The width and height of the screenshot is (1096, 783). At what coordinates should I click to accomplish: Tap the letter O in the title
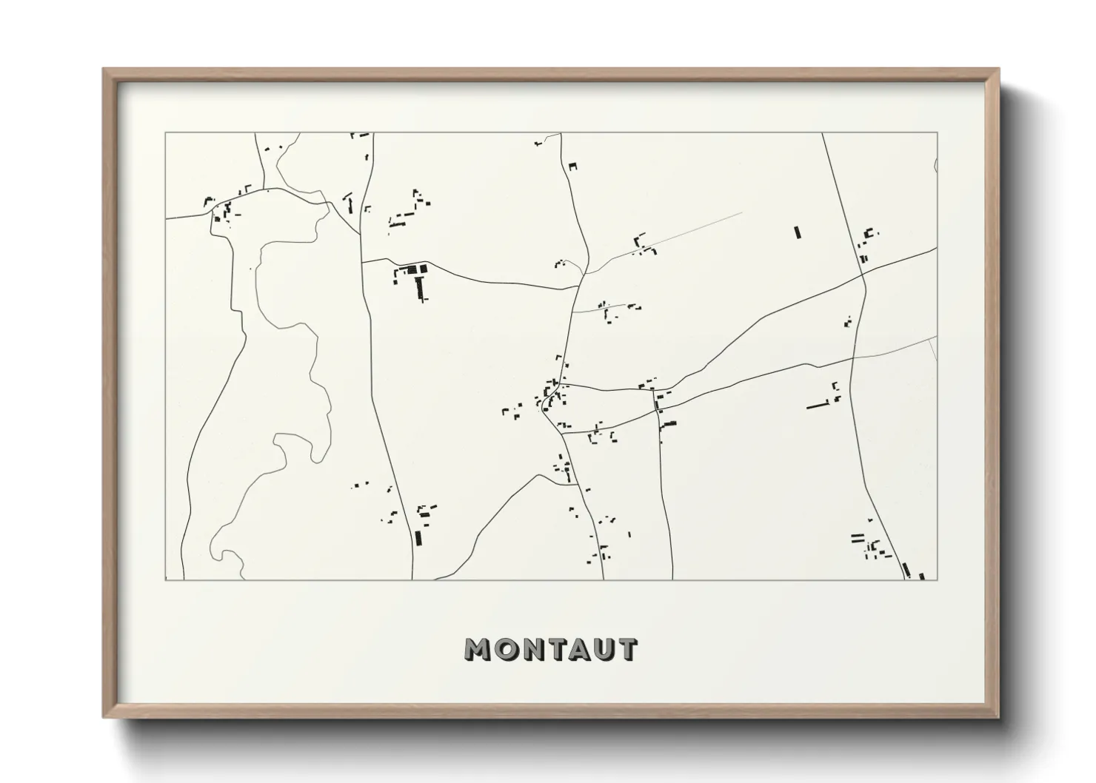[x=504, y=650]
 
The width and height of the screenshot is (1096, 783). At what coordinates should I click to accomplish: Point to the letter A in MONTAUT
[x=578, y=650]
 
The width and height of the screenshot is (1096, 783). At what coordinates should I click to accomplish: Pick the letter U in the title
[x=603, y=650]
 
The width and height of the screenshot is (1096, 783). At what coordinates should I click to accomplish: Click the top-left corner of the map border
[x=165, y=133]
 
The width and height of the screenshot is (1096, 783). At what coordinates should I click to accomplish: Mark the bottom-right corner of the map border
[x=938, y=579]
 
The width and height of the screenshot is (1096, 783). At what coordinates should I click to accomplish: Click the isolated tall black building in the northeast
[x=798, y=232]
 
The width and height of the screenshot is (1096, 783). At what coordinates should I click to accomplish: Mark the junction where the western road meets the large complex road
[x=362, y=261]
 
